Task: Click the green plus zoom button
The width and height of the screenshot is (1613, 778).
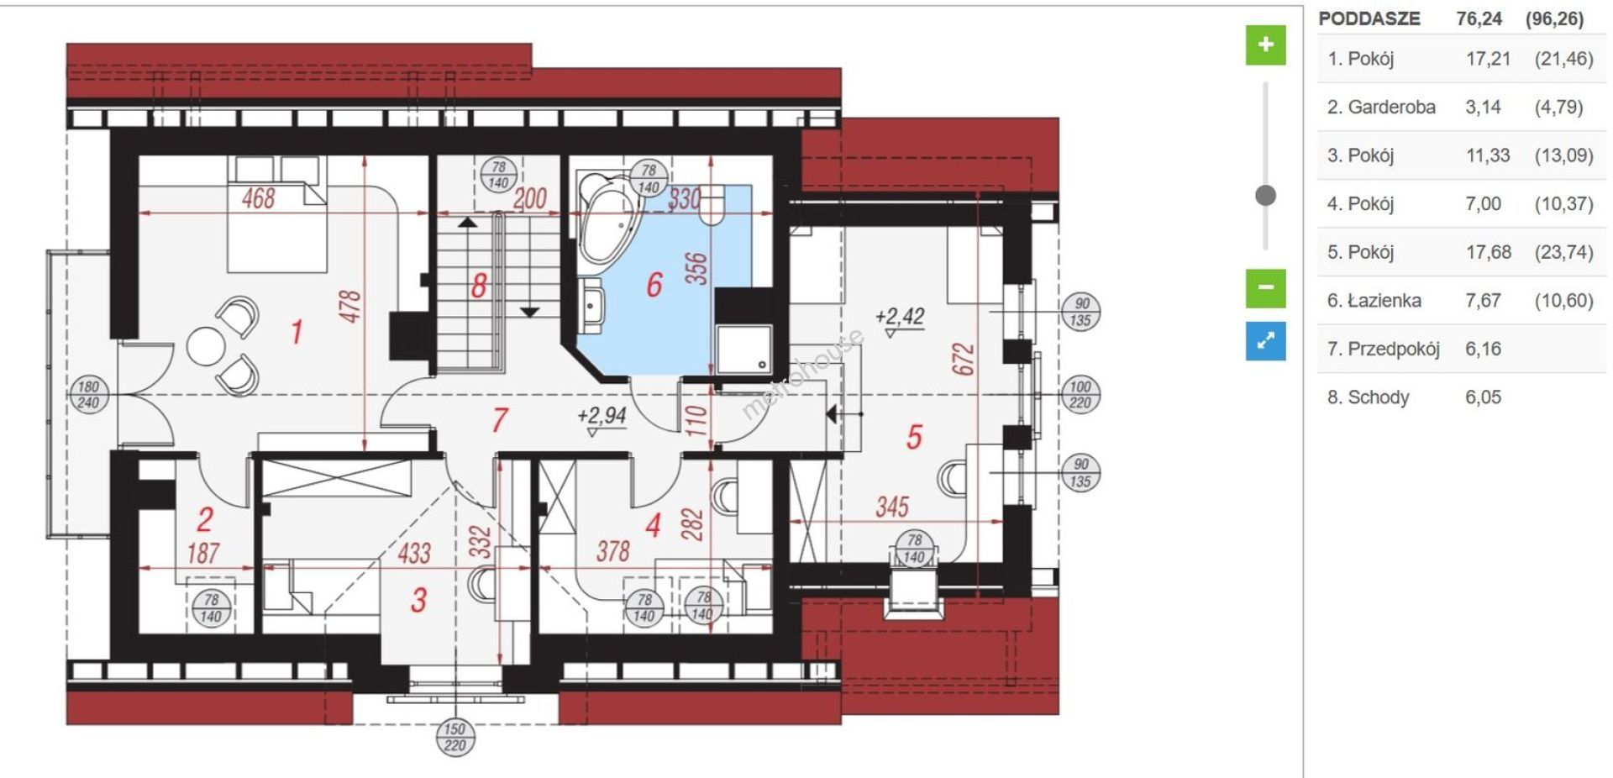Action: click(x=1265, y=45)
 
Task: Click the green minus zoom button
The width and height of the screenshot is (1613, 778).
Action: click(x=1265, y=287)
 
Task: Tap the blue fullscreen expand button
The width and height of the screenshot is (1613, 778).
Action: click(x=1265, y=340)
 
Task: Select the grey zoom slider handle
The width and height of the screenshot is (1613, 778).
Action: click(x=1265, y=196)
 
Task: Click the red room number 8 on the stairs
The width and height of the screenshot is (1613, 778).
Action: click(x=479, y=286)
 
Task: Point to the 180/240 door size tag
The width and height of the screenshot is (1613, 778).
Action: click(x=88, y=395)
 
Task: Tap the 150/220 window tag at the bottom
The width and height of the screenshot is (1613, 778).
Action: click(x=454, y=737)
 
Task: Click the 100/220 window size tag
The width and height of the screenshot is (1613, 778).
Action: click(x=1080, y=395)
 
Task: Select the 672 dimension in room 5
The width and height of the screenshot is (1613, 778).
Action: click(x=964, y=359)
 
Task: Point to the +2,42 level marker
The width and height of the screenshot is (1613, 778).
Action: click(x=900, y=319)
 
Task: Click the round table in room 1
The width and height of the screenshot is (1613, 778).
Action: click(x=206, y=345)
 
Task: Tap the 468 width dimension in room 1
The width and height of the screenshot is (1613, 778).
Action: click(x=258, y=198)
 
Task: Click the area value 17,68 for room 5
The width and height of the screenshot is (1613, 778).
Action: click(x=1488, y=252)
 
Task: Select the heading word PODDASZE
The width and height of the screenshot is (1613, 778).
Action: click(x=1369, y=18)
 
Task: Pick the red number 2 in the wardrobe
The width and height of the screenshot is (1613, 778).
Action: click(x=205, y=520)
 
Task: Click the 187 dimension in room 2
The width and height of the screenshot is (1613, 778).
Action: click(x=203, y=553)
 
